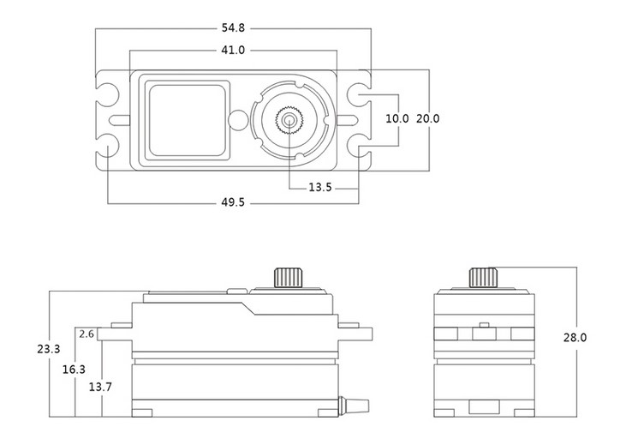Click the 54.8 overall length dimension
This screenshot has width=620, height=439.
pos(233,28)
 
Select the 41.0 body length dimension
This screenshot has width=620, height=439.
pos(233,51)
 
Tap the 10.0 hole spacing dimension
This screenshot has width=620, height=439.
pos(397,118)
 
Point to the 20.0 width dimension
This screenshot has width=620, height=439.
pos(428,118)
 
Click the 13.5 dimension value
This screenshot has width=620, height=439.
pos(320,187)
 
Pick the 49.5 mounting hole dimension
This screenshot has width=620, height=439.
pos(233,202)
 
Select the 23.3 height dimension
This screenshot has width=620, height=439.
pos(49,349)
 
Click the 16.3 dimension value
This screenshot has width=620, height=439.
pos(74,370)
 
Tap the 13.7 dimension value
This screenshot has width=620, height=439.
pos(100,387)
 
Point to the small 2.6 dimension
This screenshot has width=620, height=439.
pos(86,334)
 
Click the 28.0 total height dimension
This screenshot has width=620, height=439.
pos(575,338)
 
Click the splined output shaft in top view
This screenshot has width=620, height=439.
pos(289,120)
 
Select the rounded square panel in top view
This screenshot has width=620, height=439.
pos(187,120)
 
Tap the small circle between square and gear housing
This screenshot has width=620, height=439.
pos(238,120)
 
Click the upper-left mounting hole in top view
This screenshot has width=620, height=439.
pos(107,95)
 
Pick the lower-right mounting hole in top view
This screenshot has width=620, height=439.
pos(359,145)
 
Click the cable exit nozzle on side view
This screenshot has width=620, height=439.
pos(354,406)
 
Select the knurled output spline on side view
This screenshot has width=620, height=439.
pos(289,278)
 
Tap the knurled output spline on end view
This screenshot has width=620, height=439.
pos(484,278)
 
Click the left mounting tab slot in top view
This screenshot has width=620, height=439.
pos(119,120)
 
